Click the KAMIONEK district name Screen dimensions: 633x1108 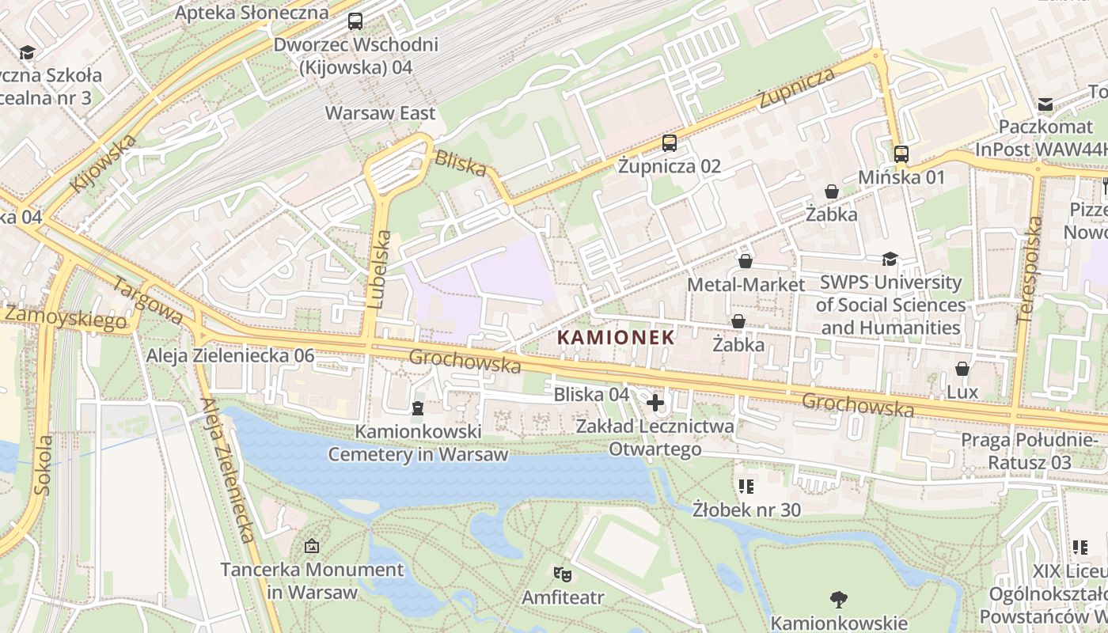click(616, 337)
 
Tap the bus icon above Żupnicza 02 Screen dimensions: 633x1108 click(670, 143)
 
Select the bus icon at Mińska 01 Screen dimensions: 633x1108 click(901, 154)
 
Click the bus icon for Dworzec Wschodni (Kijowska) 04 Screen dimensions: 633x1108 click(355, 21)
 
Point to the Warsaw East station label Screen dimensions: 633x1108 click(380, 113)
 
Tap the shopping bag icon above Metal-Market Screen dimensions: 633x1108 click(745, 261)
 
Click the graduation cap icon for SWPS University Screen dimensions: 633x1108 click(890, 260)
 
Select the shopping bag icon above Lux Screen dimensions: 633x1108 click(962, 369)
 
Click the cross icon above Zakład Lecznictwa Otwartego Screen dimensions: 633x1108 click(655, 403)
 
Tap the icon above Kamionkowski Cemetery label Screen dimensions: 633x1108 click(417, 408)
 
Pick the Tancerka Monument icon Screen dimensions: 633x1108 click(312, 546)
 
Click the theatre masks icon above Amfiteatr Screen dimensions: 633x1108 click(562, 573)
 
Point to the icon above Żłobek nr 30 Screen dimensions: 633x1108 click(746, 486)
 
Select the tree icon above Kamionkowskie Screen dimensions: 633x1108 click(838, 600)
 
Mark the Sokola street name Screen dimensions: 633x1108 click(44, 465)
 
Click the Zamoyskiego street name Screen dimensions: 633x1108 click(66, 316)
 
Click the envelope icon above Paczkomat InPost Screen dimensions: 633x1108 click(1045, 104)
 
